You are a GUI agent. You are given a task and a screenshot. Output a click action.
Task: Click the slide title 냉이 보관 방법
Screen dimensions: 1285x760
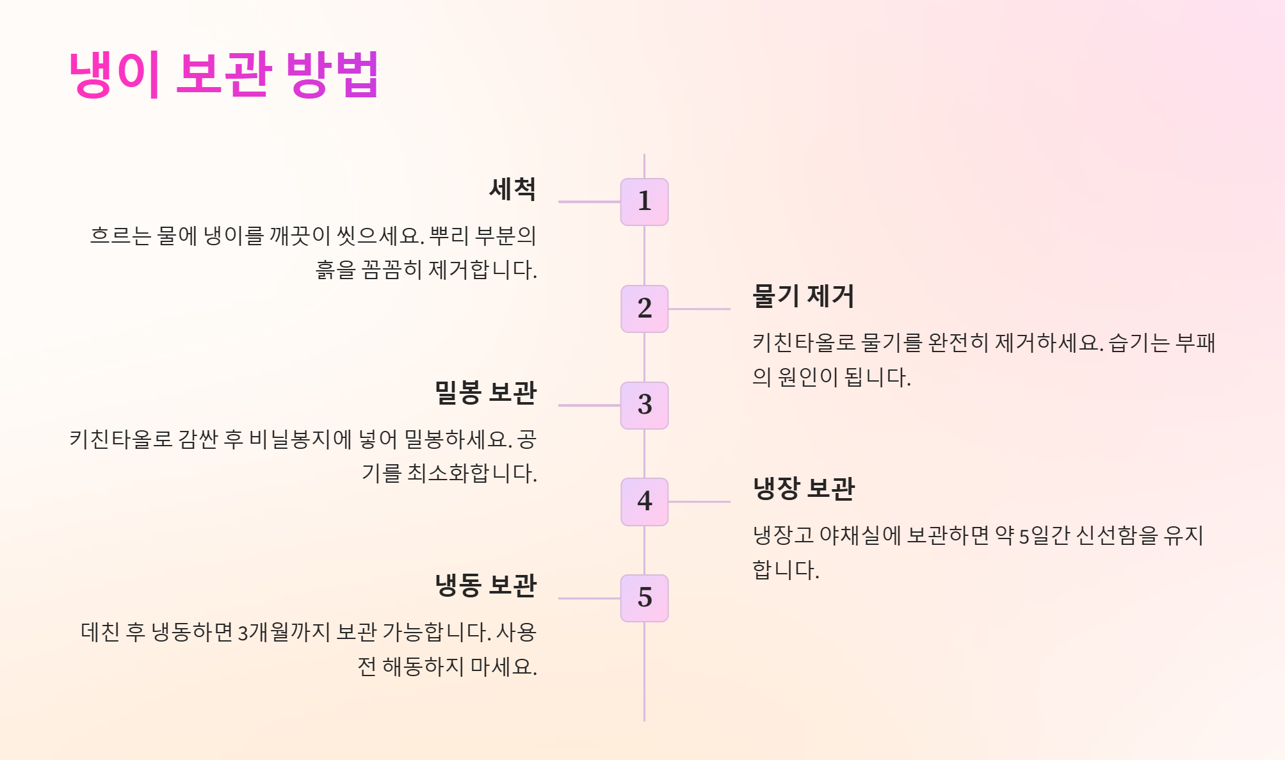coord(223,74)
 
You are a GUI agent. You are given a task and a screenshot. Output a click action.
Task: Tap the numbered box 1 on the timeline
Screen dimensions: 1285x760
coord(644,202)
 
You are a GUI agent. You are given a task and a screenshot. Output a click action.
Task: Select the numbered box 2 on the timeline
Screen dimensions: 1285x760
coord(644,309)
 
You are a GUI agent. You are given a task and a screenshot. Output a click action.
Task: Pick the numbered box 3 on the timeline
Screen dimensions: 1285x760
coord(644,405)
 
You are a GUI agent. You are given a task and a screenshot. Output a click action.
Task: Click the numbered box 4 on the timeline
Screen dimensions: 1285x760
coord(644,501)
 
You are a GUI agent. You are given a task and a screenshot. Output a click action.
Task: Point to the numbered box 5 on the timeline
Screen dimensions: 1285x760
coord(644,598)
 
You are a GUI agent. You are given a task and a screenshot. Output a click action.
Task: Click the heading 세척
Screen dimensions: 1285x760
coord(512,189)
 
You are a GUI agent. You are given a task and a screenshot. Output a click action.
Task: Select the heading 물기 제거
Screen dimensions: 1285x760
coord(804,296)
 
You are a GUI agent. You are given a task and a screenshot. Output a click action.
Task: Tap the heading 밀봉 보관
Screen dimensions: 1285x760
coord(485,392)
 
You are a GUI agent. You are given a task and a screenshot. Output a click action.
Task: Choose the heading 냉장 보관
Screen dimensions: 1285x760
coord(804,489)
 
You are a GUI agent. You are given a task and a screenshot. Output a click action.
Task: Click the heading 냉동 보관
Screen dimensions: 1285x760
coord(485,585)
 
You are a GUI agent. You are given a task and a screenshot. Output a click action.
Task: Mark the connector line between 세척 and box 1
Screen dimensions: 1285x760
coord(589,202)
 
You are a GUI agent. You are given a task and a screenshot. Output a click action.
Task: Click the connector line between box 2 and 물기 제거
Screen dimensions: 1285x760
coord(699,309)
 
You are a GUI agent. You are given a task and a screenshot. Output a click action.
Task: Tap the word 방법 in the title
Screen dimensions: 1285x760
coord(332,74)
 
